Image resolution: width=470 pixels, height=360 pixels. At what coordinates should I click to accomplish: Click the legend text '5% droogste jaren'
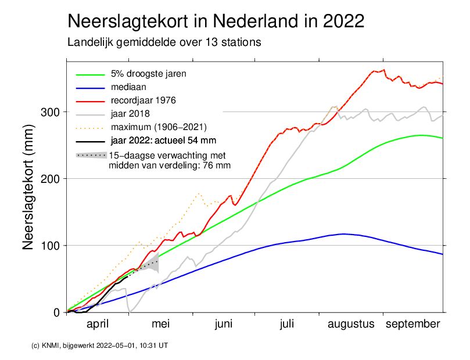[x=148, y=74]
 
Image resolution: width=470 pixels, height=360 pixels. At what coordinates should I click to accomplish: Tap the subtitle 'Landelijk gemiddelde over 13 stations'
[x=164, y=42]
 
